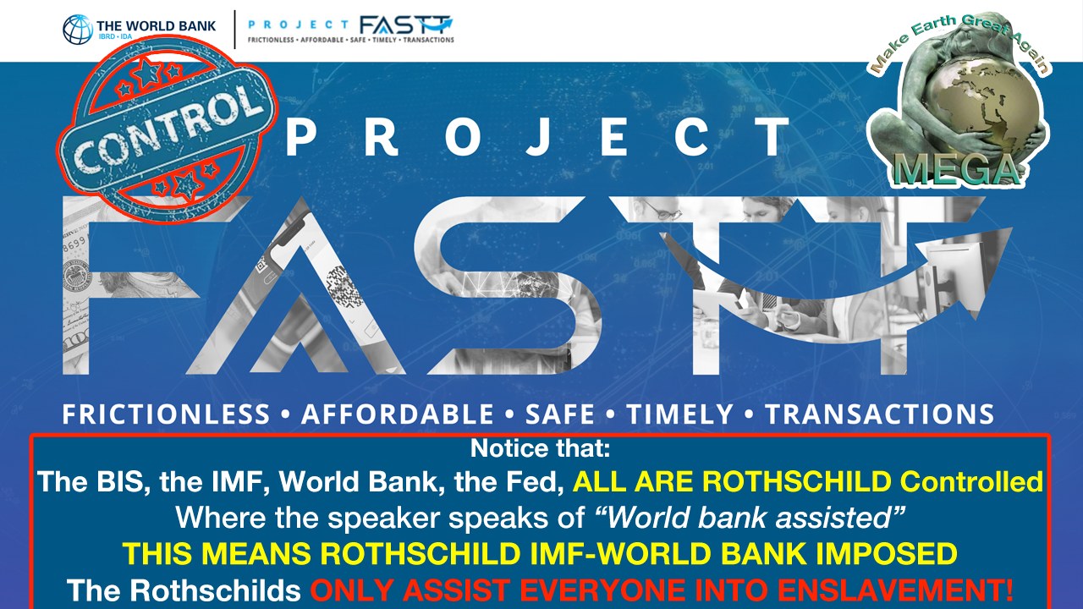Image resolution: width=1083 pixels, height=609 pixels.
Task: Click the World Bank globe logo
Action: (77, 29)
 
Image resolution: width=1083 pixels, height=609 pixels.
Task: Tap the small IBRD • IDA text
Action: (115, 36)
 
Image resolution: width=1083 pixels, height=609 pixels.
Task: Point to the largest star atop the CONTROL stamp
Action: (146, 74)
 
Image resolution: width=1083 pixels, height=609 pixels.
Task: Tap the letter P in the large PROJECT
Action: (300, 138)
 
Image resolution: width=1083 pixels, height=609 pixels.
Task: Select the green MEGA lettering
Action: (956, 170)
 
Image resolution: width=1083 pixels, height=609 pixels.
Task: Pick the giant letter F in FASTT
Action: (130, 285)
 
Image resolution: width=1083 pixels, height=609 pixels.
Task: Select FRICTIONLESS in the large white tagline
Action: (166, 414)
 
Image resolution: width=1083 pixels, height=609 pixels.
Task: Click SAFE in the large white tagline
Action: (560, 414)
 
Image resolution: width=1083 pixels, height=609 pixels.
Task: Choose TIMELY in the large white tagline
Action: (679, 414)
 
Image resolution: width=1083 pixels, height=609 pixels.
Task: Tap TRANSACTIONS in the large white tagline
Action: (879, 414)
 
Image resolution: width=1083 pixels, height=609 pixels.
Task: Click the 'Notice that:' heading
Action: (540, 448)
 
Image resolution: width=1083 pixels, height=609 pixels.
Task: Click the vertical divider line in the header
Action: (235, 30)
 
